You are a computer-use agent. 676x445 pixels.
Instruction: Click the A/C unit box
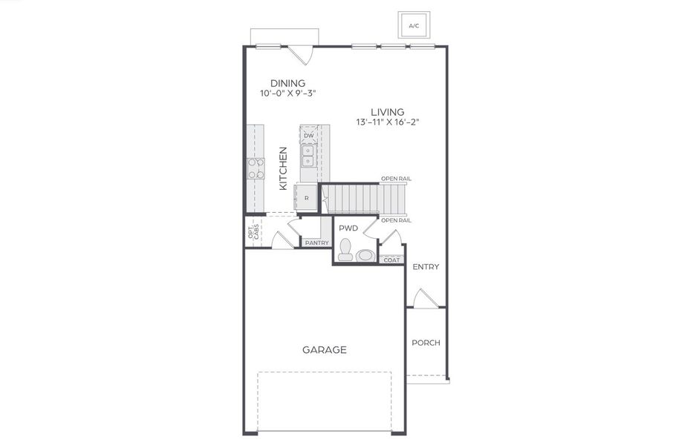(x=414, y=25)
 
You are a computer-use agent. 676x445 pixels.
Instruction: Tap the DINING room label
(x=287, y=83)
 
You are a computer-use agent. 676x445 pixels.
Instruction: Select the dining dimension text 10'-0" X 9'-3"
(x=287, y=94)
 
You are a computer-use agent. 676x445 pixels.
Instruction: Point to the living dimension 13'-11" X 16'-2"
(x=388, y=122)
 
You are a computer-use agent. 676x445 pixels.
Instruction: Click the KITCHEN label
(x=283, y=168)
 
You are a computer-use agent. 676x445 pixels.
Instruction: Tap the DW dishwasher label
(x=308, y=135)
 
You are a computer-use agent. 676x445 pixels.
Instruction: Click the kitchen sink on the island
(x=308, y=154)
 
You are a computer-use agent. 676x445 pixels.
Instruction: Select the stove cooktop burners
(x=256, y=169)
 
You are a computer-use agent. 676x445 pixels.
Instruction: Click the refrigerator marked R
(x=307, y=198)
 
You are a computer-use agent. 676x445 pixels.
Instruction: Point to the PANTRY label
(x=316, y=243)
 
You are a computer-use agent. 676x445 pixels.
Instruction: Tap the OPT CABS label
(x=253, y=232)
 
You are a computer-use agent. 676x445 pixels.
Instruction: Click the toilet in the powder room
(x=345, y=251)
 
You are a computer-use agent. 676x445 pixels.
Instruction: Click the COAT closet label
(x=391, y=260)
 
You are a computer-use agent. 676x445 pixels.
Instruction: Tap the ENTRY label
(x=426, y=267)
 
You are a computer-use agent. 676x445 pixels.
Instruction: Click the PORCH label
(x=426, y=343)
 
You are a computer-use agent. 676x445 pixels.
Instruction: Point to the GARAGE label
(x=324, y=350)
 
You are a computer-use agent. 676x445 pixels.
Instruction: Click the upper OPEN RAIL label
(x=396, y=179)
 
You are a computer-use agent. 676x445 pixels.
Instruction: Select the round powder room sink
(x=365, y=256)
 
